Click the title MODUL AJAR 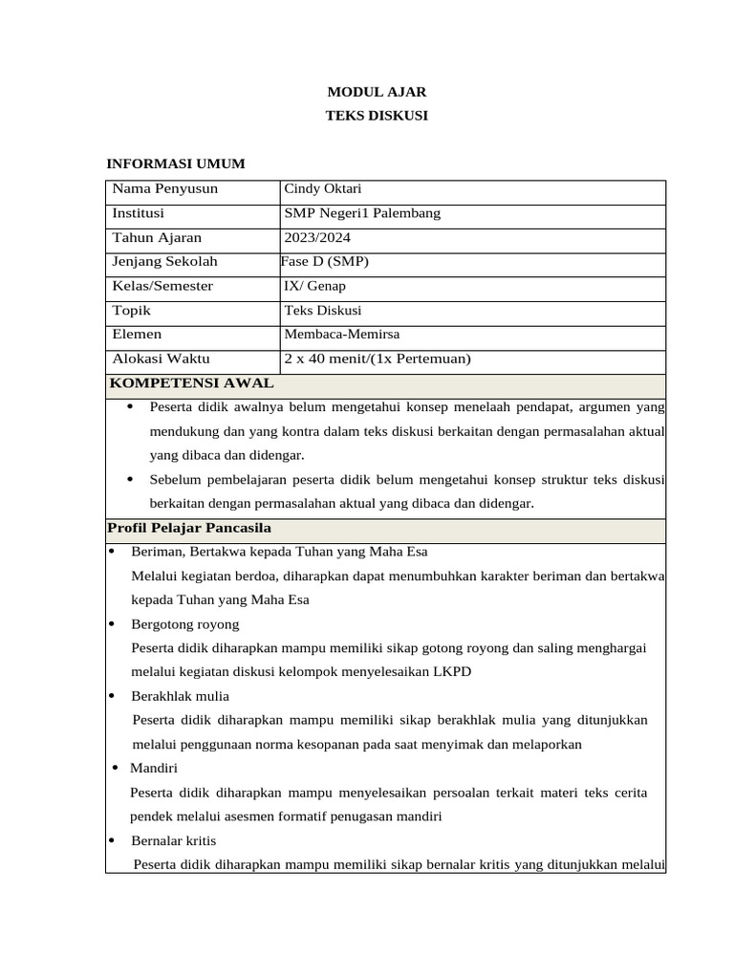tap(377, 93)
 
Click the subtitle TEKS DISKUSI tap(377, 116)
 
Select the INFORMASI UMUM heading tap(175, 163)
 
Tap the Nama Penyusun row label tap(164, 188)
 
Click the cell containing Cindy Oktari tap(322, 188)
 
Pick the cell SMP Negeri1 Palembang tap(362, 213)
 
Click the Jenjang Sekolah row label tap(164, 261)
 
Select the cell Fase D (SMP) tap(325, 261)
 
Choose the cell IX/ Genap tap(314, 286)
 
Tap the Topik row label tap(132, 311)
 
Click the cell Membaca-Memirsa tap(341, 334)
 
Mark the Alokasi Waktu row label tap(161, 359)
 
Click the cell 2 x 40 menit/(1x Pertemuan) tap(378, 359)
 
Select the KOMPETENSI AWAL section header tap(191, 383)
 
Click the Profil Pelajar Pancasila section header tap(189, 528)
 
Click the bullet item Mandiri tap(154, 768)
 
